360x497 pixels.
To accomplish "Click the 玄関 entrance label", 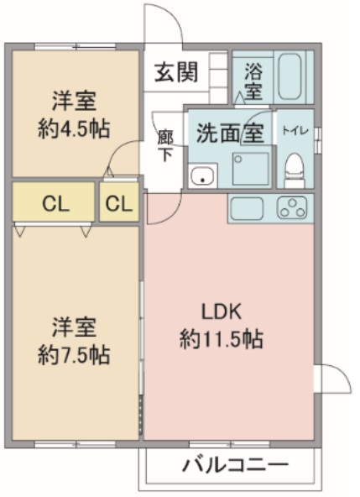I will click(175, 72).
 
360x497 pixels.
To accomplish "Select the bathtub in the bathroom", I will click(291, 77).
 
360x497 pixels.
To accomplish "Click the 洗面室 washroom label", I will click(230, 132).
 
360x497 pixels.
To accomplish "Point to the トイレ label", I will click(294, 130).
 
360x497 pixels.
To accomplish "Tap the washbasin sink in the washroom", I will click(202, 175).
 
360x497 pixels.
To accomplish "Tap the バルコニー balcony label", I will click(235, 464).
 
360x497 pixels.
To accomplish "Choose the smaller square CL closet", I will click(120, 203).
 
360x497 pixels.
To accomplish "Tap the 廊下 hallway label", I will click(165, 144).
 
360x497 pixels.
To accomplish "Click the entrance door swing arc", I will click(164, 21).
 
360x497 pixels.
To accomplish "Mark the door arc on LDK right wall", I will click(332, 379).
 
